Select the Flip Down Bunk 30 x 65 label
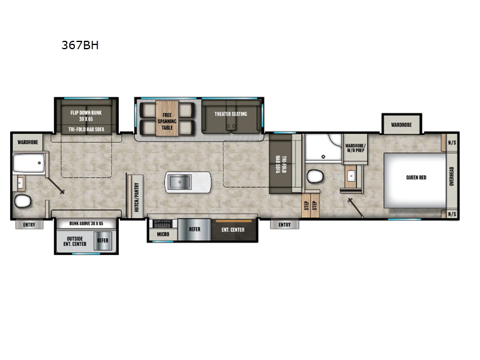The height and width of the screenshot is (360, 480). tap(85, 115)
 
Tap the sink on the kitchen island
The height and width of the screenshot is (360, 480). tap(179, 181)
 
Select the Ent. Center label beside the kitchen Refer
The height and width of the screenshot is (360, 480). tap(233, 229)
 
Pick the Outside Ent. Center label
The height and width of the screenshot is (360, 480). tap(74, 240)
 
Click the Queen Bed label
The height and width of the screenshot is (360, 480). tap(415, 178)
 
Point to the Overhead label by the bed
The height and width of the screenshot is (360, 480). tap(451, 178)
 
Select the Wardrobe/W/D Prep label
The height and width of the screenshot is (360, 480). tap(354, 146)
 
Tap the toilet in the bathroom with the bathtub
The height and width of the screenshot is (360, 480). tap(20, 201)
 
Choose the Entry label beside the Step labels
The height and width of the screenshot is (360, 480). tap(284, 225)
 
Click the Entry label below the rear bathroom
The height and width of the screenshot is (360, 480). tap(29, 225)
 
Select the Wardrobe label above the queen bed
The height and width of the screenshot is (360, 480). tap(401, 125)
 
